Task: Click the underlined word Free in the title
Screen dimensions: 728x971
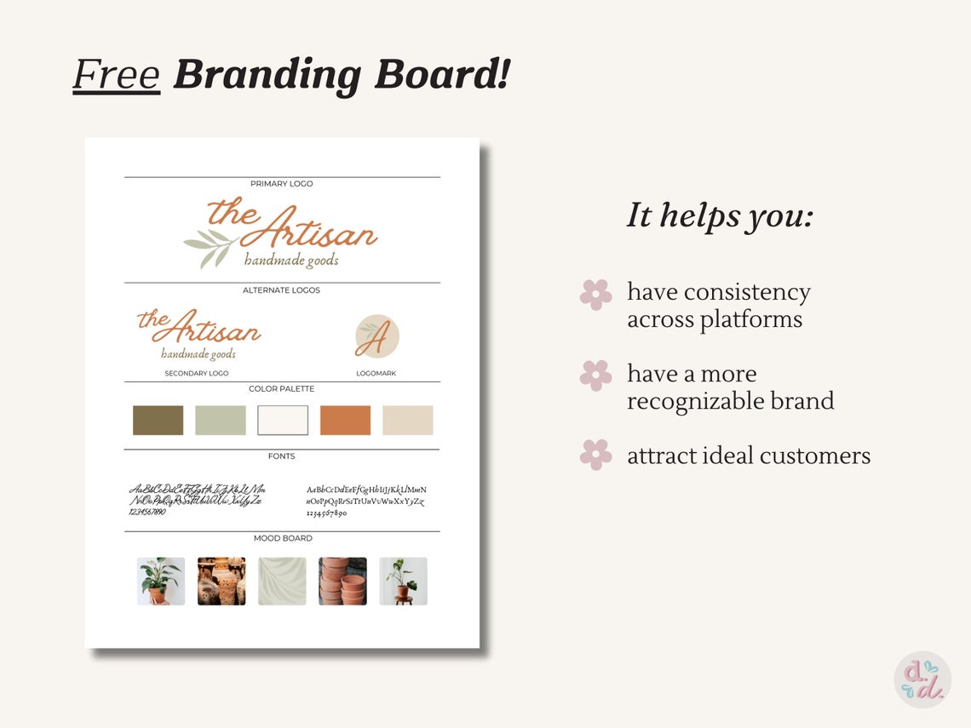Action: [117, 74]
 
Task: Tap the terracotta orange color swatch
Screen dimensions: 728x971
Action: [345, 420]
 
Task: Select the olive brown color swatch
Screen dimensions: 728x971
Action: [158, 420]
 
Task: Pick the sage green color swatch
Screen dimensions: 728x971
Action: [221, 420]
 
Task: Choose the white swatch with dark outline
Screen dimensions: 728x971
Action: [283, 420]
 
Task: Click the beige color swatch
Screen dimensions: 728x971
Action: [407, 420]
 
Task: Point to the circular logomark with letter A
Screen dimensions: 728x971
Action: [376, 335]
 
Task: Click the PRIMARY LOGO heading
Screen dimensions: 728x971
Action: [282, 184]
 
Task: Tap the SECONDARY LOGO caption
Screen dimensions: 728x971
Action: [197, 373]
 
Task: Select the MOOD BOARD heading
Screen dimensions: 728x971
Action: [283, 538]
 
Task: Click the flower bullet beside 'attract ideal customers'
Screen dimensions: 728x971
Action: [595, 455]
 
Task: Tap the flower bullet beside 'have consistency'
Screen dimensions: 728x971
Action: [595, 295]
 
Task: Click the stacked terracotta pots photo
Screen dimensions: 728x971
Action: [342, 582]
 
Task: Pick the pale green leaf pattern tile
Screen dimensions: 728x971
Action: [282, 582]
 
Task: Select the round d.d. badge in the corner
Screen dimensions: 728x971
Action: [922, 679]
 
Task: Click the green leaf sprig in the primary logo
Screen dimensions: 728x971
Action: [210, 246]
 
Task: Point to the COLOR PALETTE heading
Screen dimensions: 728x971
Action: [282, 389]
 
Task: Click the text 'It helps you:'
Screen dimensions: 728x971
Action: [720, 216]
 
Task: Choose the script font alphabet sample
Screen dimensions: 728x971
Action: [197, 500]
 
